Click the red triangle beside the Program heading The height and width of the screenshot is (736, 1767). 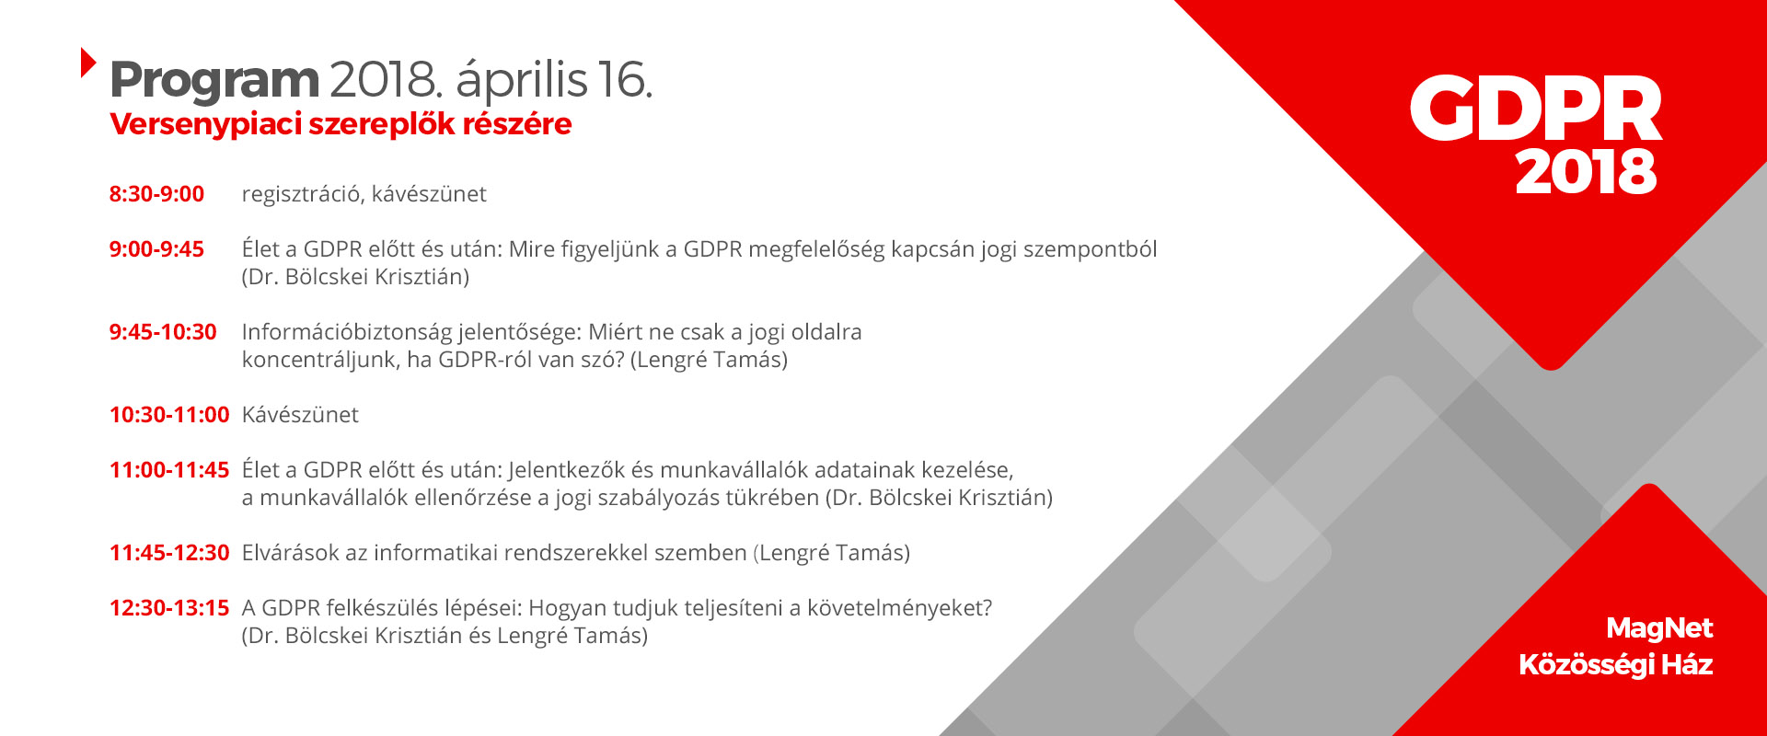click(87, 62)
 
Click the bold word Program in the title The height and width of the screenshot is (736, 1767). click(214, 81)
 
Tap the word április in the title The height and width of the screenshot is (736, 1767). click(521, 81)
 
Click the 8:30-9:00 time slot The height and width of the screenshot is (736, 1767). click(156, 194)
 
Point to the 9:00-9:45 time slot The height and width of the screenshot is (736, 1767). click(156, 249)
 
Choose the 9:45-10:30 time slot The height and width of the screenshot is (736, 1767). click(163, 332)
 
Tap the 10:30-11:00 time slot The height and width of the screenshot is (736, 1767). click(169, 415)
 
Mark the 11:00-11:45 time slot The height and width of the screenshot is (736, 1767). click(169, 470)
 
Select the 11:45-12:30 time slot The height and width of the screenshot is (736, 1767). click(169, 553)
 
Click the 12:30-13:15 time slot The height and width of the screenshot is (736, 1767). click(169, 608)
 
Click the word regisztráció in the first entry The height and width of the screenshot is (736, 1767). click(303, 195)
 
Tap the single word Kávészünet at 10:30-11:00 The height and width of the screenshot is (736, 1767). click(300, 415)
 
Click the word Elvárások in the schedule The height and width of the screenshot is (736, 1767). click(290, 553)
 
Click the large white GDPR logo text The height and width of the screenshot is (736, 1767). click(1536, 109)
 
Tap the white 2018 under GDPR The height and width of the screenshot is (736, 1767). click(1586, 172)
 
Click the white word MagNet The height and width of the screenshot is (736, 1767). click(1659, 628)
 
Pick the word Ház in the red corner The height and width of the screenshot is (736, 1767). click(1687, 665)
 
